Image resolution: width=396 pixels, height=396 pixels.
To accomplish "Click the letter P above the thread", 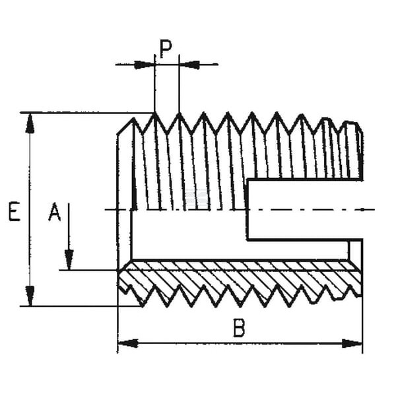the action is click(x=166, y=49).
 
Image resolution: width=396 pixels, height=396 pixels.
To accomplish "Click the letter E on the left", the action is click(x=15, y=211).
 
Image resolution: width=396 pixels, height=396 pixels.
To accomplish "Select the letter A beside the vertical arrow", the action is click(x=55, y=212).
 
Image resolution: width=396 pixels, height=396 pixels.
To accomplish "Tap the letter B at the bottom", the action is click(x=239, y=328).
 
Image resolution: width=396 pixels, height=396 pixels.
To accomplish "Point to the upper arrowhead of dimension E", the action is click(x=30, y=123).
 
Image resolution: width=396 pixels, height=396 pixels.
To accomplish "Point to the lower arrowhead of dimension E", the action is click(x=30, y=296).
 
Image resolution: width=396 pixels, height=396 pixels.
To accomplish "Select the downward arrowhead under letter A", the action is click(x=69, y=260).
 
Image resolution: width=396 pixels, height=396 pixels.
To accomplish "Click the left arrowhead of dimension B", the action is click(x=128, y=343).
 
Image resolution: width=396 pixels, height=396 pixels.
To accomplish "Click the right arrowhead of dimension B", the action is click(x=352, y=343).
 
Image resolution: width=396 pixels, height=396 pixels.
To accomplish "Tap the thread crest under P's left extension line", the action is click(x=154, y=114).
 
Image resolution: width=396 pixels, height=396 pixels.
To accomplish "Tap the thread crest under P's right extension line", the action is click(x=179, y=114).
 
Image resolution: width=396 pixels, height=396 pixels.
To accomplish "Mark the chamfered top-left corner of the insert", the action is click(x=124, y=126).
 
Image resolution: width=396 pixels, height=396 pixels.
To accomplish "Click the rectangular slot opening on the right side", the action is click(x=305, y=210).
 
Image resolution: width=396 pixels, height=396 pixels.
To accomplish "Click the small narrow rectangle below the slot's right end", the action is click(x=356, y=250).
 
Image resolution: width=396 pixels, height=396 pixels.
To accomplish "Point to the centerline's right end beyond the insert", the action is click(x=374, y=209).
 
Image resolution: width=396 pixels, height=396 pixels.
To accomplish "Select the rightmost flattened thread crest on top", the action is click(x=352, y=123).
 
